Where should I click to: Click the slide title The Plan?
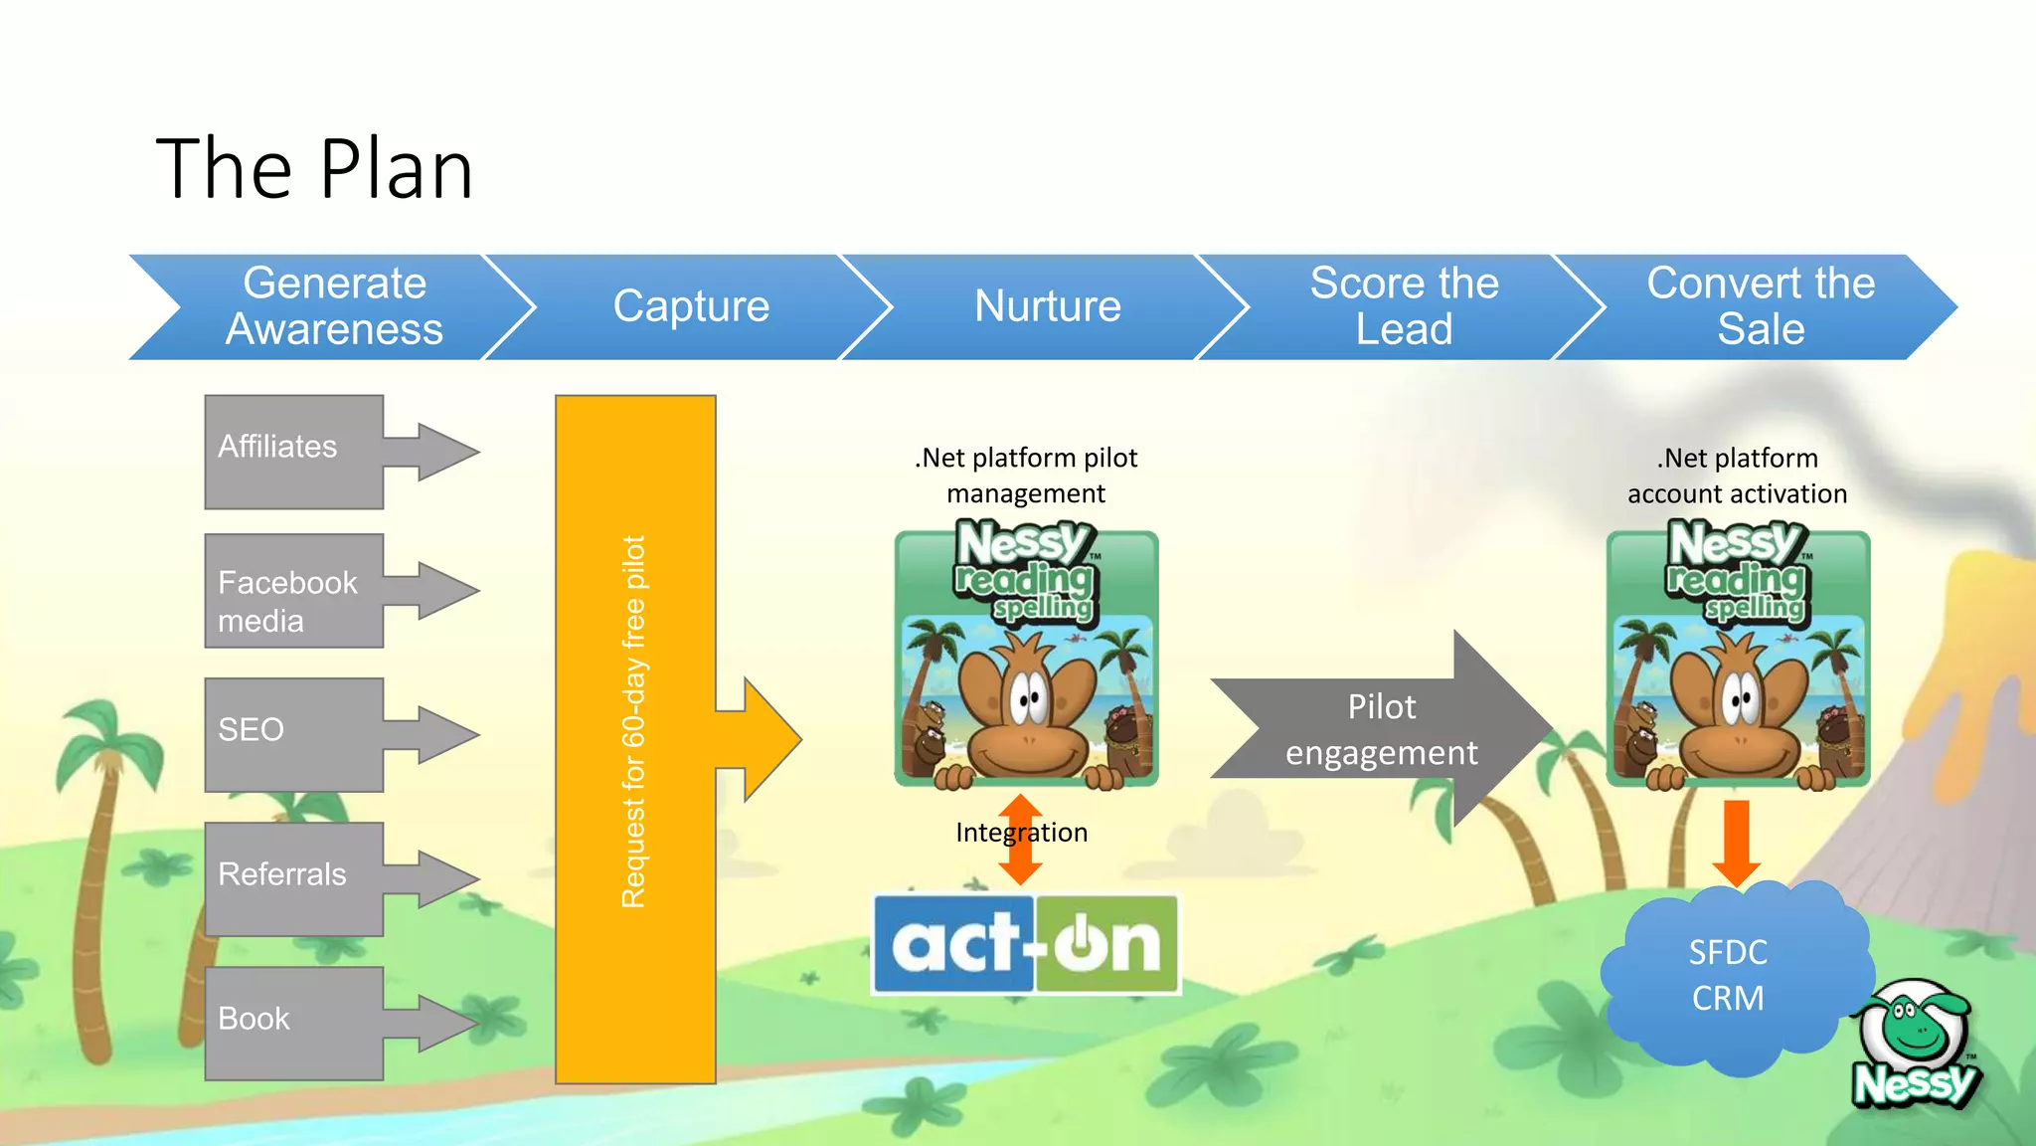(x=314, y=169)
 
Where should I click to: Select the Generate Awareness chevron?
(x=334, y=306)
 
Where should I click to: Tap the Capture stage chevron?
(x=691, y=306)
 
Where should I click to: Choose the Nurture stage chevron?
(x=1048, y=306)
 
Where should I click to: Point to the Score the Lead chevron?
(x=1404, y=306)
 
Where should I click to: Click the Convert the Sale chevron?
(x=1761, y=306)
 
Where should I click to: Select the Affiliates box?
(x=294, y=452)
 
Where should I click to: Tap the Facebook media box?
(x=294, y=591)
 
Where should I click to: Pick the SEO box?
(x=294, y=735)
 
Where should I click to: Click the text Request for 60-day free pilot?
(x=633, y=722)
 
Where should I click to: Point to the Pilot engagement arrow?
(x=1382, y=729)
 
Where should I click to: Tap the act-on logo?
(x=1026, y=944)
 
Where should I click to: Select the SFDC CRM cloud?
(x=1730, y=976)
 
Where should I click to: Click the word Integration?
(x=1021, y=833)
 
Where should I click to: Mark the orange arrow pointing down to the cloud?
(x=1737, y=842)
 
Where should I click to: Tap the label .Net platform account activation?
(x=1737, y=476)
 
